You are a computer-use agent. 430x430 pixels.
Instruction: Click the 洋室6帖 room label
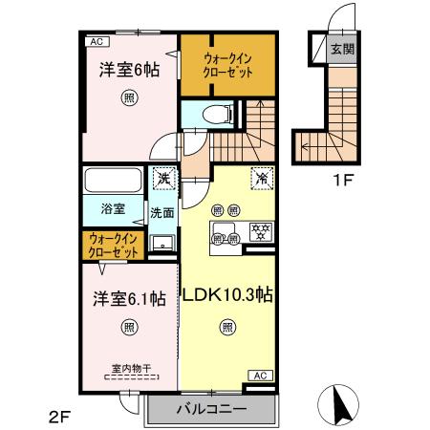pos(126,69)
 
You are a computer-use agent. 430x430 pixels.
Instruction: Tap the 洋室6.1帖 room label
pos(129,298)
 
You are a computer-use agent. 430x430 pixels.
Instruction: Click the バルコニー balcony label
pos(211,408)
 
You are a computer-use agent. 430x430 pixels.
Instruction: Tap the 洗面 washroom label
pos(161,213)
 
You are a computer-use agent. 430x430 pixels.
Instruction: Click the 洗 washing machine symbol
pos(163,178)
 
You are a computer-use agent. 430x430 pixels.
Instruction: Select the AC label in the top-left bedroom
pos(97,42)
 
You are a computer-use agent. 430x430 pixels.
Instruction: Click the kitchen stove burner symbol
pos(259,229)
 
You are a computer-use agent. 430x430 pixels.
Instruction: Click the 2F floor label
pos(60,417)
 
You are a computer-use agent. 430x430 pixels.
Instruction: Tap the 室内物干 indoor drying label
pos(128,366)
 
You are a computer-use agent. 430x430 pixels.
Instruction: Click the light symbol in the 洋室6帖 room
pos(127,97)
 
